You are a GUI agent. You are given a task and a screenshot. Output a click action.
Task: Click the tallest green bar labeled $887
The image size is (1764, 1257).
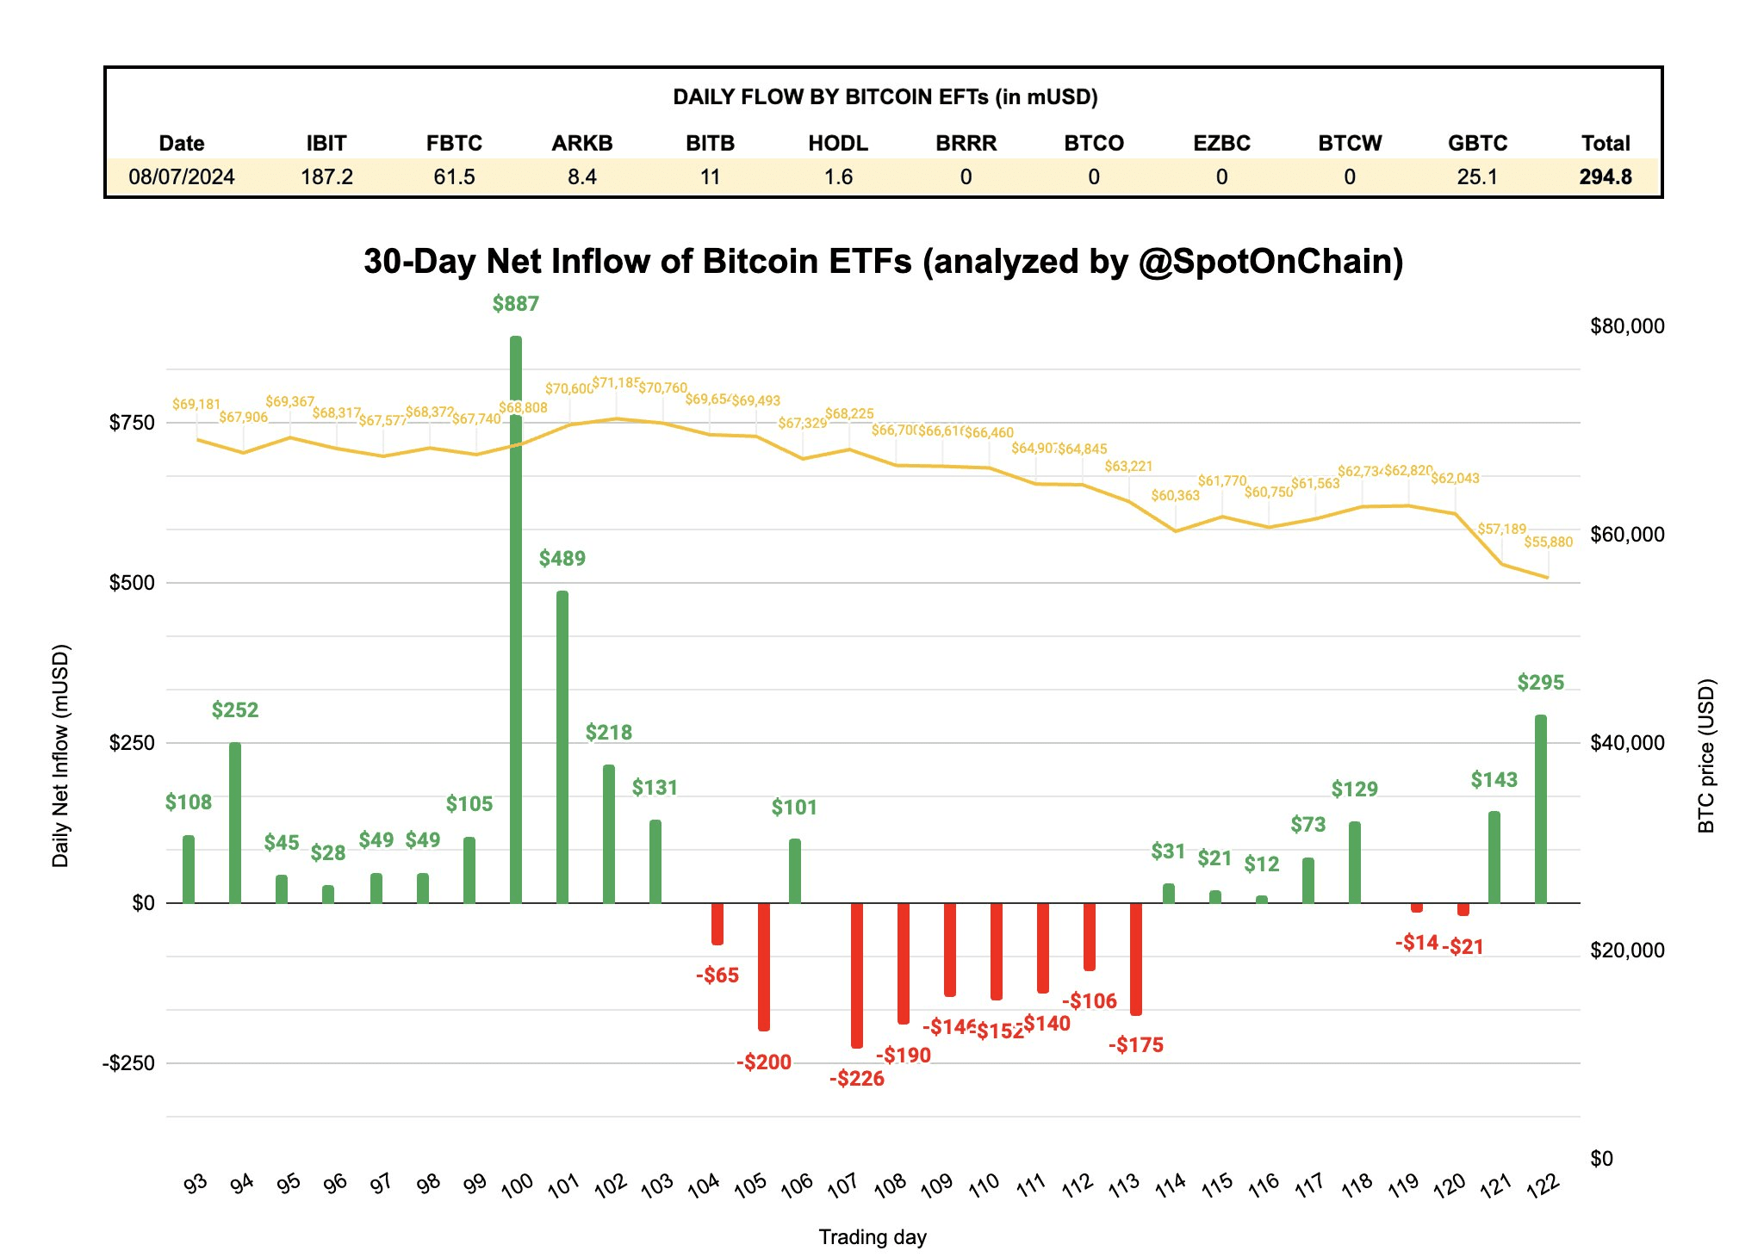click(x=516, y=620)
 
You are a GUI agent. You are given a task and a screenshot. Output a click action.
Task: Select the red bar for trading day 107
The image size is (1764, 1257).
click(x=857, y=975)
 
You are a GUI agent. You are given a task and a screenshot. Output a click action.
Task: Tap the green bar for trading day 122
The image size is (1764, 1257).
click(x=1541, y=809)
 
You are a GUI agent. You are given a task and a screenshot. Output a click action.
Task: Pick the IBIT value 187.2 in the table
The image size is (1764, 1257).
click(x=326, y=177)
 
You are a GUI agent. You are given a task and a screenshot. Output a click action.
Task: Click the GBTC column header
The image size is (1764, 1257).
click(x=1477, y=143)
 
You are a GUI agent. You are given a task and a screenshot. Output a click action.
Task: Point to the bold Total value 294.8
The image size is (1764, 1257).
click(x=1606, y=177)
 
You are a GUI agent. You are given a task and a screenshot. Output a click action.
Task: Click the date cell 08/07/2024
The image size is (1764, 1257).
click(x=182, y=177)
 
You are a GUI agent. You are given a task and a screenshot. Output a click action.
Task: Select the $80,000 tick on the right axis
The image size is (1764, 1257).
click(x=1627, y=326)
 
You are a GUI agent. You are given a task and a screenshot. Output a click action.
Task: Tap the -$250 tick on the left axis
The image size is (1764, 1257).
click(x=129, y=1063)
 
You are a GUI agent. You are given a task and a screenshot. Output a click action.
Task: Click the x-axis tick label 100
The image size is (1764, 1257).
click(x=518, y=1186)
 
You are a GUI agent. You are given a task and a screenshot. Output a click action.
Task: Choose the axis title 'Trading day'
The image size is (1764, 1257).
click(x=872, y=1237)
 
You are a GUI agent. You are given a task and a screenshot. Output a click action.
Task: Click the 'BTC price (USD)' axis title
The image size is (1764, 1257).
click(x=1706, y=756)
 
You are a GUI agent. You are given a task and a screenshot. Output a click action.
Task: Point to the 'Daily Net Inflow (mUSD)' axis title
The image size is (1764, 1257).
click(x=60, y=756)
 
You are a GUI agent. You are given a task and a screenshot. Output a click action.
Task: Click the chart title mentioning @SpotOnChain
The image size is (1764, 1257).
click(x=883, y=262)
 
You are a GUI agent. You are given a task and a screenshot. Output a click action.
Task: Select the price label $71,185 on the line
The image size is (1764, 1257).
click(x=616, y=382)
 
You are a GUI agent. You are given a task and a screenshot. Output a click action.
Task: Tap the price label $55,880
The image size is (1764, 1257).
click(x=1548, y=542)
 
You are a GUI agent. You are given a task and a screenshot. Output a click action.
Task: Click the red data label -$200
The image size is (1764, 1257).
click(x=764, y=1062)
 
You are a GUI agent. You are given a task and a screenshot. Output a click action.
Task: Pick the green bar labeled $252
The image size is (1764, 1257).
click(x=235, y=822)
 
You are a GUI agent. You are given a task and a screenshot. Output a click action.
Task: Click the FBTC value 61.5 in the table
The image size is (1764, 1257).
click(x=454, y=177)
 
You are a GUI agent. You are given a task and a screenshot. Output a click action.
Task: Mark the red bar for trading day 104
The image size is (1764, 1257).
click(x=717, y=924)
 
